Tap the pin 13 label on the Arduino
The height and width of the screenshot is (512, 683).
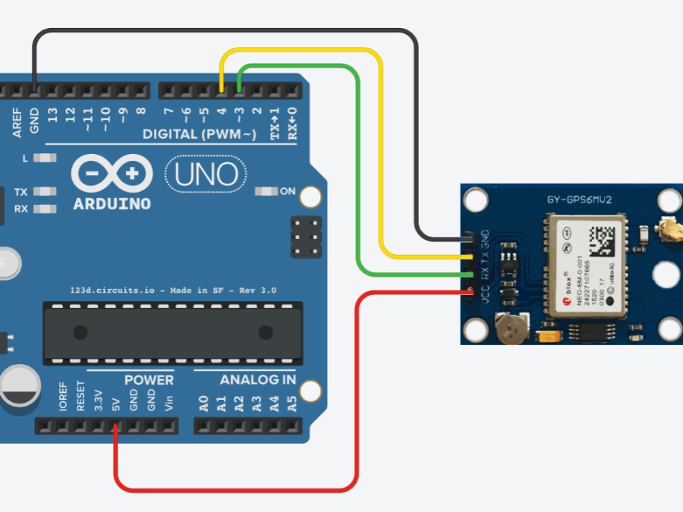[52, 117]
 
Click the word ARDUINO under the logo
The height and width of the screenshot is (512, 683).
[112, 205]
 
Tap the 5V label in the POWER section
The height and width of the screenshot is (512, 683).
[115, 402]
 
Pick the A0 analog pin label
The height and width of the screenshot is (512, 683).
[203, 402]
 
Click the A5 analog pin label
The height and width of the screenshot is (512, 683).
[292, 402]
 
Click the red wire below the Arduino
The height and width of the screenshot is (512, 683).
[235, 488]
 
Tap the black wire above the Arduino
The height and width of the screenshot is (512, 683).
[228, 31]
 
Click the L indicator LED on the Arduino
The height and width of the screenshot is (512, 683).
[46, 159]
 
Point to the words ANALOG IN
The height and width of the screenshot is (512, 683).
[258, 379]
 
